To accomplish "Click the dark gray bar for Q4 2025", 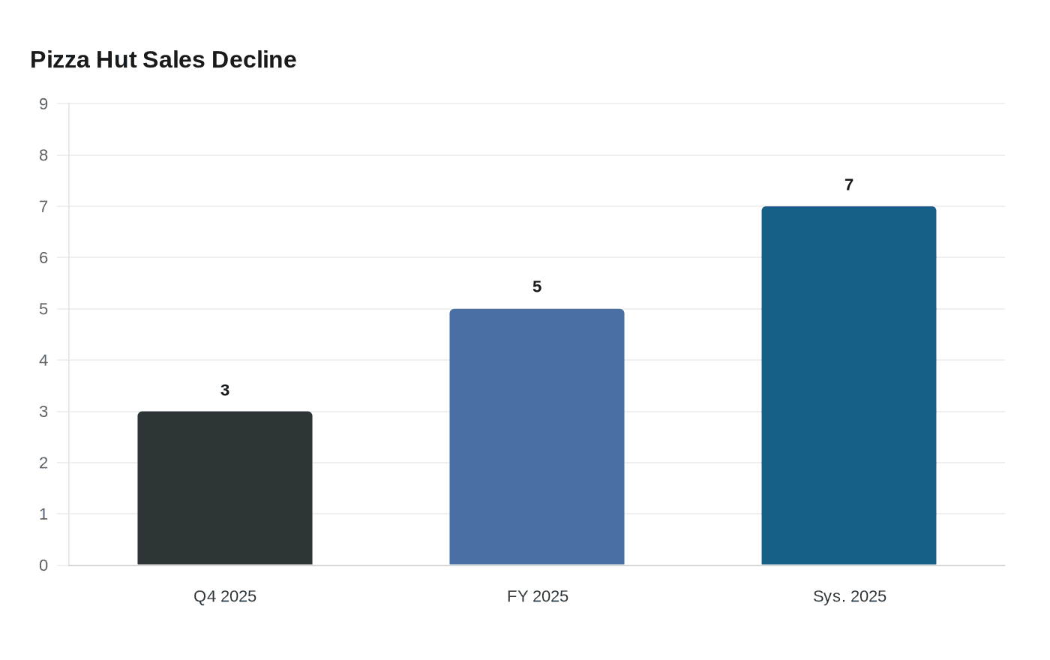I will click(x=225, y=488).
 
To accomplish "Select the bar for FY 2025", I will click(x=537, y=437).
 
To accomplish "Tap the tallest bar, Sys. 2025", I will click(x=849, y=385).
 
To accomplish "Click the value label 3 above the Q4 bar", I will click(x=225, y=390).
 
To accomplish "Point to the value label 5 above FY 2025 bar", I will click(x=537, y=286).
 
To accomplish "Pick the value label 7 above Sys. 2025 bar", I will click(x=849, y=184).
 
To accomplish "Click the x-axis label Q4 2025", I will click(x=225, y=596).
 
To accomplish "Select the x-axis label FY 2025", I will click(x=537, y=596).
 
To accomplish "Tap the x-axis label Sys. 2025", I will click(x=849, y=596).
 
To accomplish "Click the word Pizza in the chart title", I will click(x=60, y=59).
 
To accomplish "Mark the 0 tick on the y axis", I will click(x=43, y=565).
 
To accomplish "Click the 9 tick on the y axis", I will click(x=43, y=104).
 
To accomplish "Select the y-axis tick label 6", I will click(x=43, y=258).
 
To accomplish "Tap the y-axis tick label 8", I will click(x=43, y=155).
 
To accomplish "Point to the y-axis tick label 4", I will click(x=43, y=361).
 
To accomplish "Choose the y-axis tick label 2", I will click(x=43, y=463).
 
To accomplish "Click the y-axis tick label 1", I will click(x=43, y=514).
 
